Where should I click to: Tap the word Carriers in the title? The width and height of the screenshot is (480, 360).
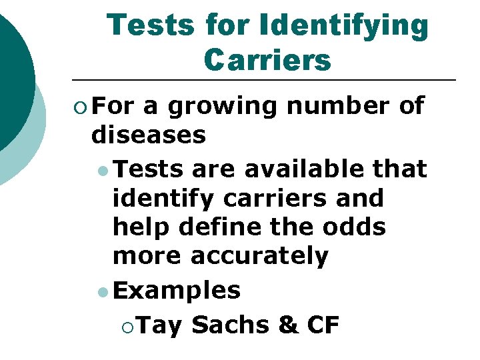[267, 60]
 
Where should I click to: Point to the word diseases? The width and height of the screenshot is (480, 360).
[149, 135]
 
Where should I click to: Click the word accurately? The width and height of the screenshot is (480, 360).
[261, 256]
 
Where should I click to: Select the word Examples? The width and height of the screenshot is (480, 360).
[177, 290]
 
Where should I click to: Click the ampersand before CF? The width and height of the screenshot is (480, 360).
[287, 325]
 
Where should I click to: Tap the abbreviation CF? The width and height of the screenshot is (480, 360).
[323, 325]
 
